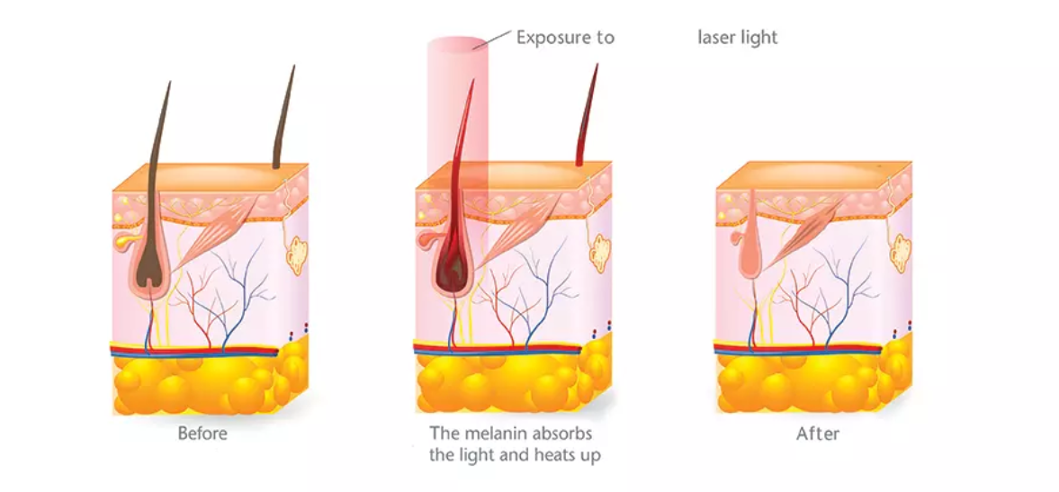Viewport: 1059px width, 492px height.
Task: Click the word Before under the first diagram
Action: [x=202, y=433]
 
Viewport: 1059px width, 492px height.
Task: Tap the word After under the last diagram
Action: [x=817, y=433]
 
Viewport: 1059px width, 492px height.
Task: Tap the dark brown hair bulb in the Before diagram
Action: [x=150, y=270]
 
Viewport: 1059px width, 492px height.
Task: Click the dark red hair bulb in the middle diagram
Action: [x=453, y=266]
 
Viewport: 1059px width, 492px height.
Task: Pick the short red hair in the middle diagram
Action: [x=587, y=115]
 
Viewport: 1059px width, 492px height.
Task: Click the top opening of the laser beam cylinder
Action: [x=457, y=44]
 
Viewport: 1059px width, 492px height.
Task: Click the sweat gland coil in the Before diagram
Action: [x=295, y=254]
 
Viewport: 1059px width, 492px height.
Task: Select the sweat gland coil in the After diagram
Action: [x=900, y=253]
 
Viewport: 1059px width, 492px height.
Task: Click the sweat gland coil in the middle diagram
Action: [x=598, y=254]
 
